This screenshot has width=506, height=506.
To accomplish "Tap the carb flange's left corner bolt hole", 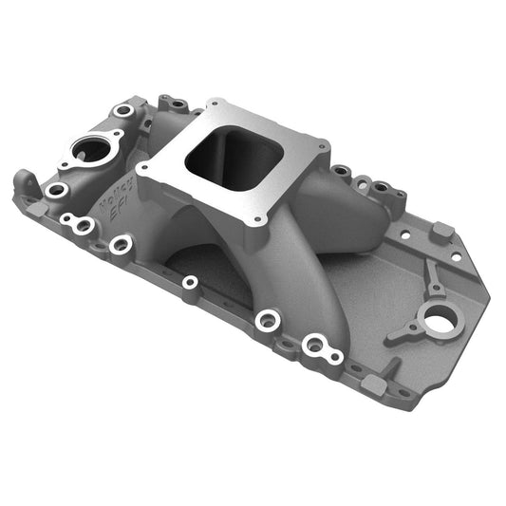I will (x=145, y=168).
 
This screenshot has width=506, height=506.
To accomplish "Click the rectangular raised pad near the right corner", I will (x=440, y=231).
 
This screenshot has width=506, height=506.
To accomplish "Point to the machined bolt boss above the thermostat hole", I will (x=123, y=111).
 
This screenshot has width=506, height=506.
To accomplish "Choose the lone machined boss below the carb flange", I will (x=190, y=282).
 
